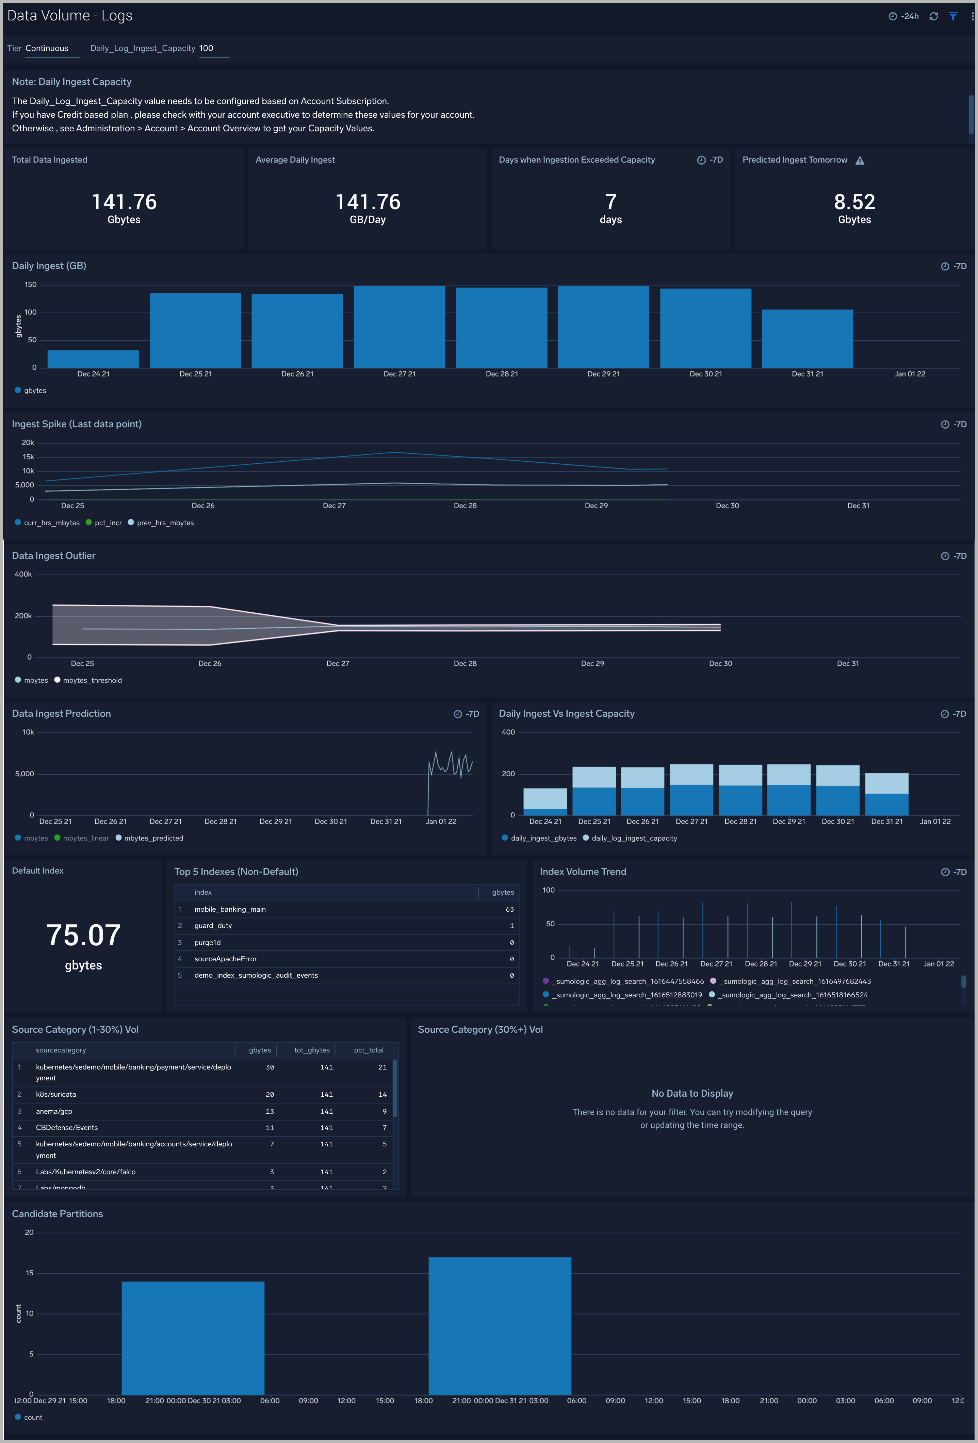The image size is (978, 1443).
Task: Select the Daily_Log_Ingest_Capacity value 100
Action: (206, 48)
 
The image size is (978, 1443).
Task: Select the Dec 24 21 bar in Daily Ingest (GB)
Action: (93, 359)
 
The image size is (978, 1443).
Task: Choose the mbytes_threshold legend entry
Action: (92, 681)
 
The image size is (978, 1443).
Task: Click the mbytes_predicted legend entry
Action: (153, 838)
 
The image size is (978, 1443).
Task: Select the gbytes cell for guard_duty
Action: (511, 926)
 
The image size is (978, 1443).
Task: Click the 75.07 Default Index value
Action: (83, 935)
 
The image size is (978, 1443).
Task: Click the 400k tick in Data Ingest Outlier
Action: (23, 574)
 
